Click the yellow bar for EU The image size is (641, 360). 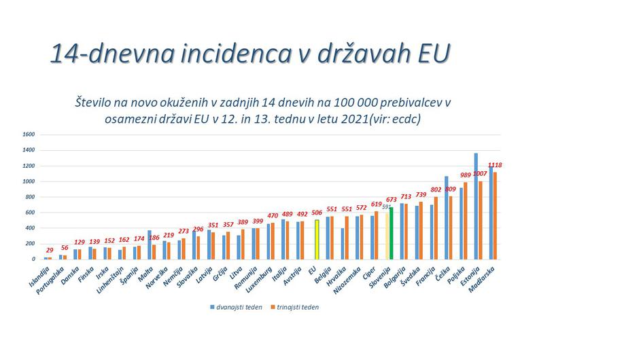click(317, 239)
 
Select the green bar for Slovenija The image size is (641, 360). click(391, 233)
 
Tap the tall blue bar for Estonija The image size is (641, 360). click(476, 206)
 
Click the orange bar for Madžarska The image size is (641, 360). click(495, 215)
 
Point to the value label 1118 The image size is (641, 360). click(495, 165)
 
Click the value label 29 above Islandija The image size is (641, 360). click(50, 251)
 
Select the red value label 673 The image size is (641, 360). click(392, 200)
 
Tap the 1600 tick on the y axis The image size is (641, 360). click(28, 134)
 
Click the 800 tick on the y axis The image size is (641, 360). click(29, 197)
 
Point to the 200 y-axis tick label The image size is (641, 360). click(29, 244)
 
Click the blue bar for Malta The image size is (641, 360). click(149, 245)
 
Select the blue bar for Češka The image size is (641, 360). click(446, 217)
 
